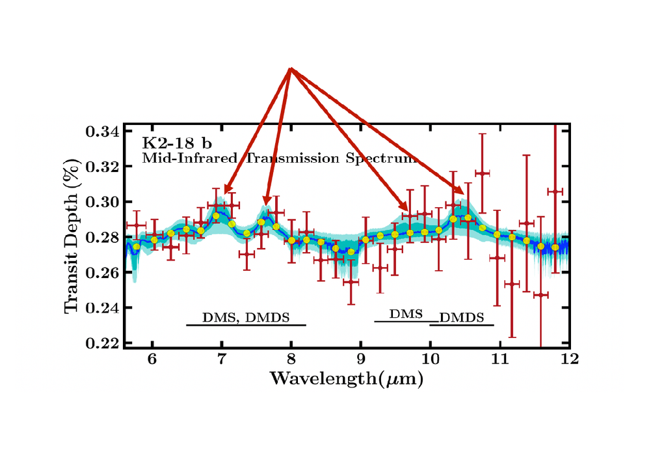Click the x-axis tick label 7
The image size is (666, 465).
[221, 359]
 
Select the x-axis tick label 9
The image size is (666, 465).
[360, 359]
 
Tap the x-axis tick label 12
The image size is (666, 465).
[569, 359]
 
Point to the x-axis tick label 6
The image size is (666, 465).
[152, 359]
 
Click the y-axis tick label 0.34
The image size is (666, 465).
[102, 132]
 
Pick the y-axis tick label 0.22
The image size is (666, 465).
[102, 343]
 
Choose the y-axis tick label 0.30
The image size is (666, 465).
[102, 202]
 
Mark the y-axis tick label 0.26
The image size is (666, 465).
[102, 272]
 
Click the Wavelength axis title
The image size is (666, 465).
[347, 378]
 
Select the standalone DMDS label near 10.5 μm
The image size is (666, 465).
[462, 318]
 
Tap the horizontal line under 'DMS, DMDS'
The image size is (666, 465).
[246, 324]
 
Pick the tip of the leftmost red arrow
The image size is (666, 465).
[224, 193]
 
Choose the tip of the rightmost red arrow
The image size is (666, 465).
[463, 194]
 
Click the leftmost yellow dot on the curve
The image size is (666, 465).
[137, 247]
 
